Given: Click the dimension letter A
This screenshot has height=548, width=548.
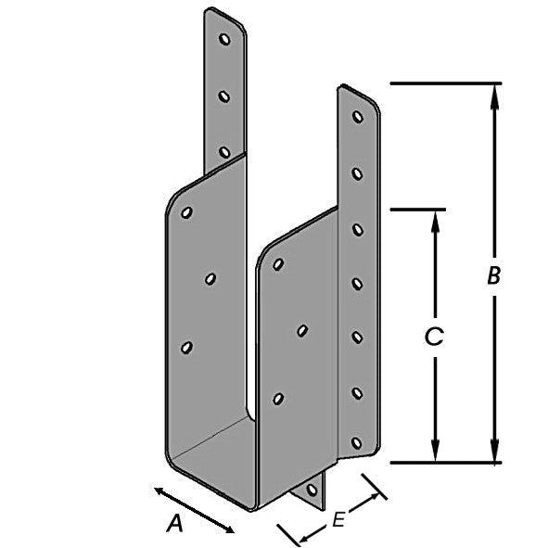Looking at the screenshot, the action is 174,523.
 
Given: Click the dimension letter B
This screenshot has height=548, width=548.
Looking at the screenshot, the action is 494,275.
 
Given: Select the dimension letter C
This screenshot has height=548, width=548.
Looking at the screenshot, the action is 434,337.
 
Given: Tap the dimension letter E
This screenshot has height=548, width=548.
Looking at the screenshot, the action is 338,519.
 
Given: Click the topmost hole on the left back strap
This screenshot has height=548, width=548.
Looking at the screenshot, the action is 224,39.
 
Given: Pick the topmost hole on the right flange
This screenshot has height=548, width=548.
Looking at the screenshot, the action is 357,117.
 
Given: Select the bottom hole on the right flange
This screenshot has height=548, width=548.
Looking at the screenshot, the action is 356,443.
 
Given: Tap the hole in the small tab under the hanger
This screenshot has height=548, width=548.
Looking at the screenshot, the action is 312,490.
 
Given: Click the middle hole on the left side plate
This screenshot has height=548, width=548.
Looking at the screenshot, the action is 210,279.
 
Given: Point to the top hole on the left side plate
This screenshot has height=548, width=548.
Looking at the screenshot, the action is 187,212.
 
